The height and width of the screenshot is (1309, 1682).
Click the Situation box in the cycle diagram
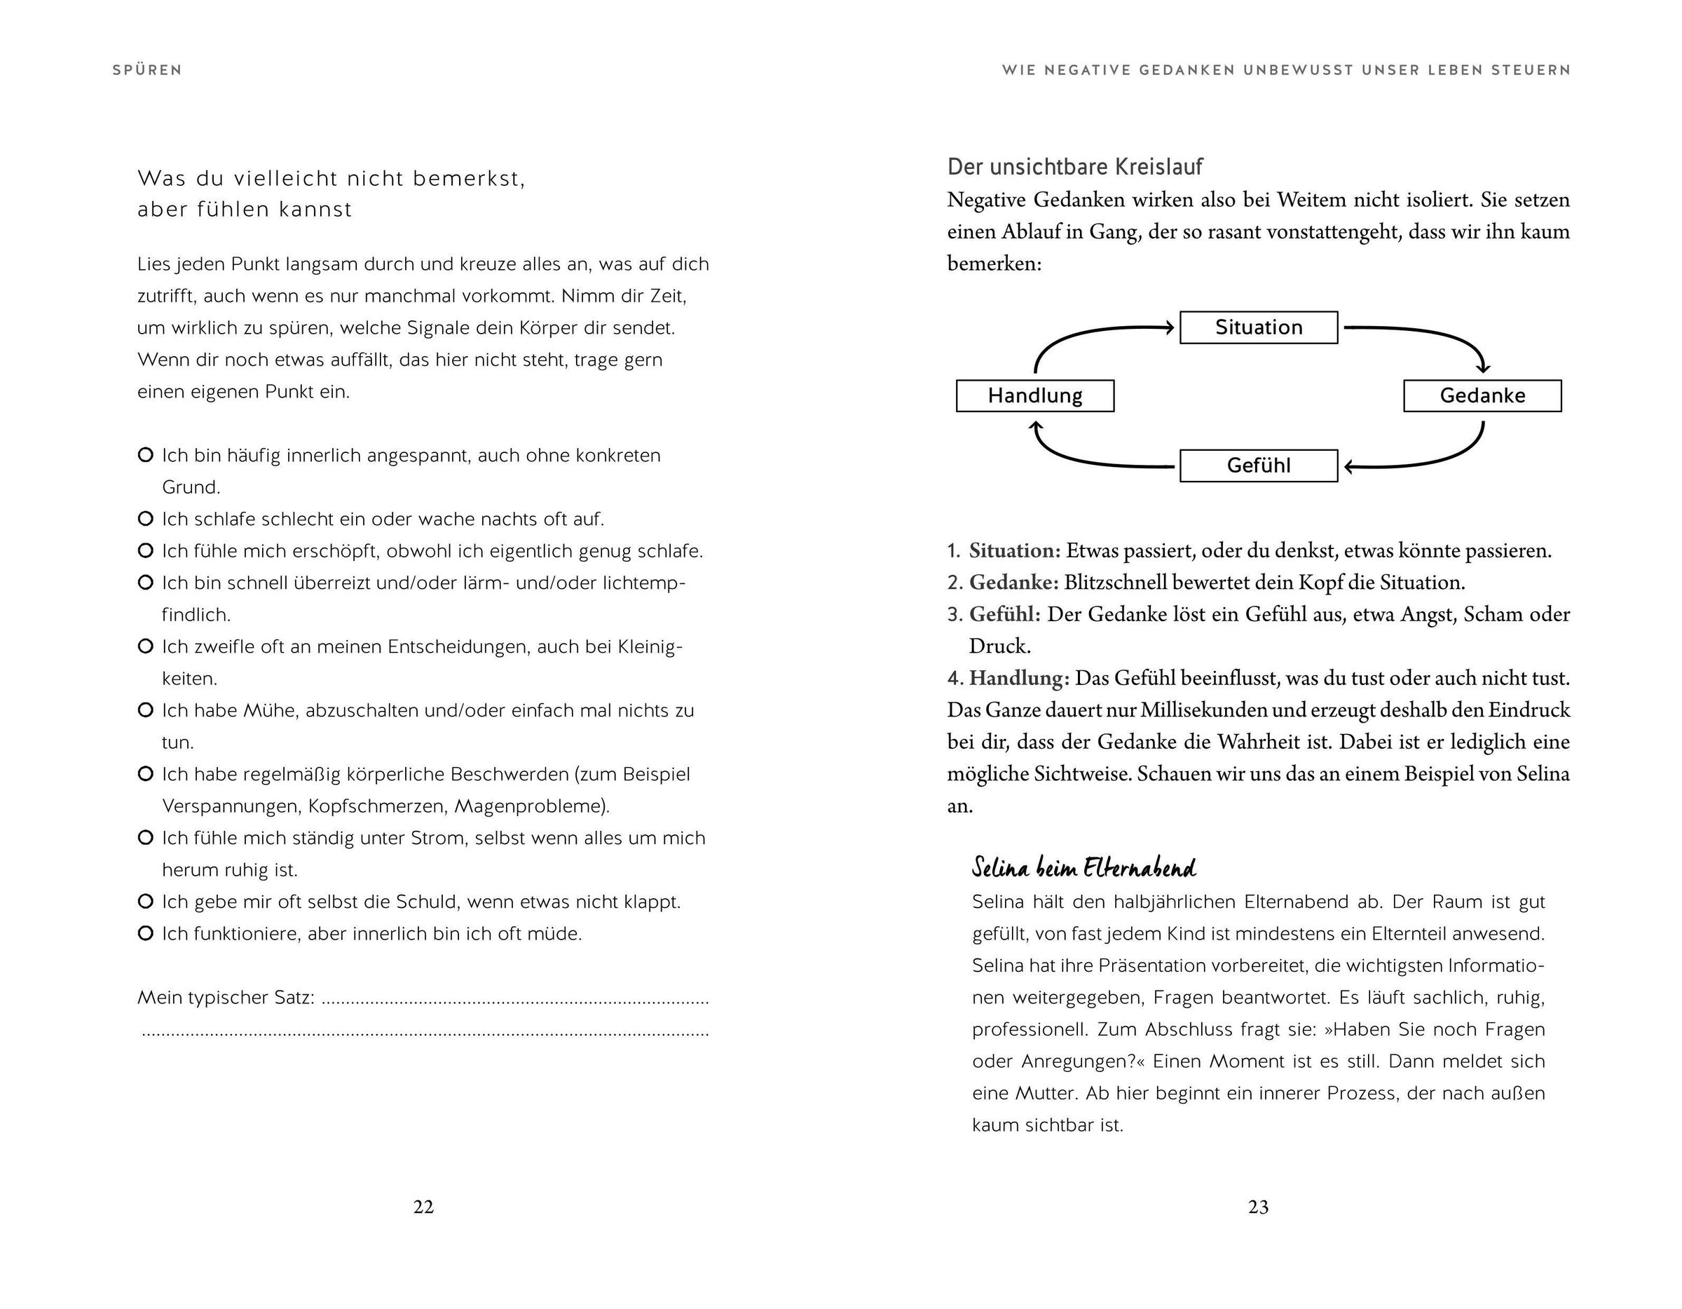pyautogui.click(x=1259, y=327)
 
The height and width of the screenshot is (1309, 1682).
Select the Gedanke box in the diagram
pyautogui.click(x=1482, y=396)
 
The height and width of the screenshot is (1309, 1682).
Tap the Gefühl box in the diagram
pyautogui.click(x=1259, y=466)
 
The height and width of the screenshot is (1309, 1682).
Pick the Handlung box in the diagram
pyautogui.click(x=1034, y=396)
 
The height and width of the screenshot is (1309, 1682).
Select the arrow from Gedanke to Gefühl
pyautogui.click(x=1440, y=459)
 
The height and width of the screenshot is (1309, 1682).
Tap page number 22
pyautogui.click(x=423, y=1207)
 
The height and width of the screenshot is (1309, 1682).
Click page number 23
pyautogui.click(x=1259, y=1207)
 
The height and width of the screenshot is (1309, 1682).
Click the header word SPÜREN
pyautogui.click(x=147, y=70)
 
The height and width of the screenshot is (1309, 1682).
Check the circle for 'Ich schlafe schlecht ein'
pyautogui.click(x=145, y=519)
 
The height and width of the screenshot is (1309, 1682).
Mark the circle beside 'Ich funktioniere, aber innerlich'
pyautogui.click(x=145, y=933)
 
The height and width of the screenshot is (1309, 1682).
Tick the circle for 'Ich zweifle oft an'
pyautogui.click(x=145, y=646)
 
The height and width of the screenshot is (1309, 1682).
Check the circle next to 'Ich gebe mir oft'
pyautogui.click(x=145, y=901)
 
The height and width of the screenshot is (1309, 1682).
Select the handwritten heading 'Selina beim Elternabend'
pyautogui.click(x=1083, y=867)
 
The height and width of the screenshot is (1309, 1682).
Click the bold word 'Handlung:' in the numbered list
pyautogui.click(x=1019, y=678)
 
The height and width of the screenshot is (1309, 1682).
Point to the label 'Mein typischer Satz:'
pyautogui.click(x=226, y=998)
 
